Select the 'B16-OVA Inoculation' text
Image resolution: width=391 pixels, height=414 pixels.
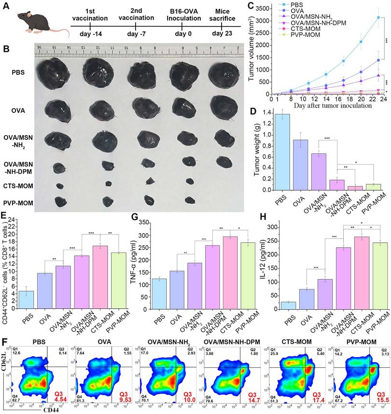(x=191, y=14)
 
